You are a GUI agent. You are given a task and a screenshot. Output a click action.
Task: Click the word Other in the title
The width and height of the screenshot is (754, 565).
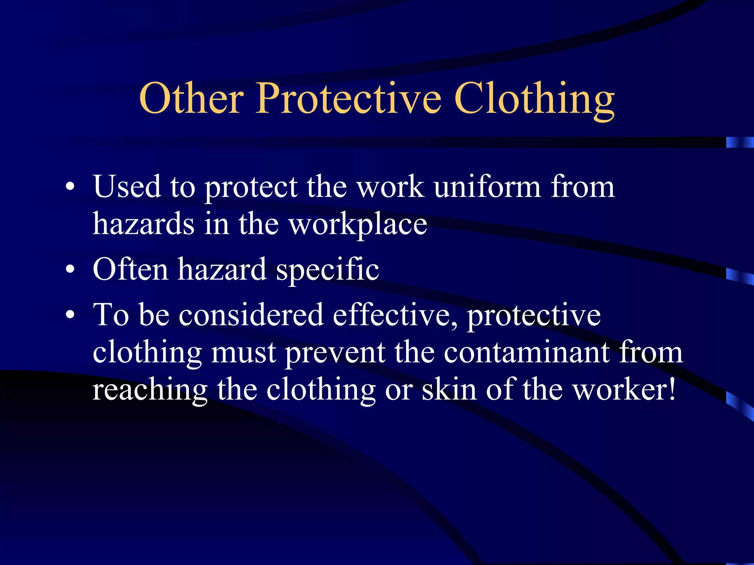191,98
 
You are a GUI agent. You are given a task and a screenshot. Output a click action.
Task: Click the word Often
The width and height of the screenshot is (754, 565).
131,269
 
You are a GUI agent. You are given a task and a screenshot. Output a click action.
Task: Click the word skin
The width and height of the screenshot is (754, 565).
449,390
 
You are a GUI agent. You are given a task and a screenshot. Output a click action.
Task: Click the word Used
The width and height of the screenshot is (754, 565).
127,187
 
